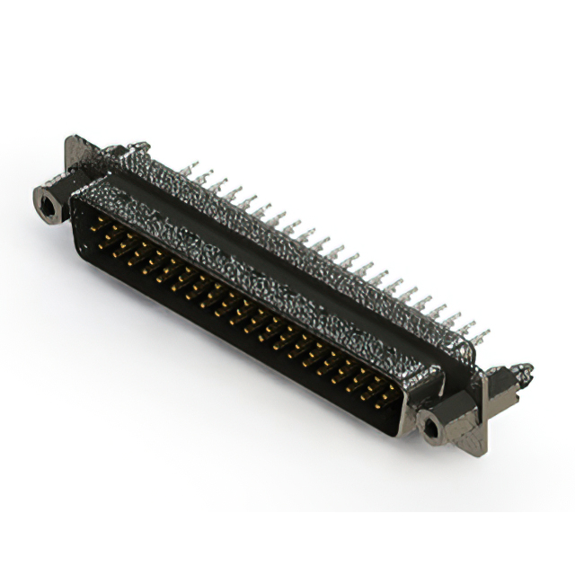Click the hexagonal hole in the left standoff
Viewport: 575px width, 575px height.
click(x=45, y=204)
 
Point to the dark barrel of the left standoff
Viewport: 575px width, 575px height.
click(x=56, y=199)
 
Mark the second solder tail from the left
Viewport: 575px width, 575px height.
click(x=205, y=177)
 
